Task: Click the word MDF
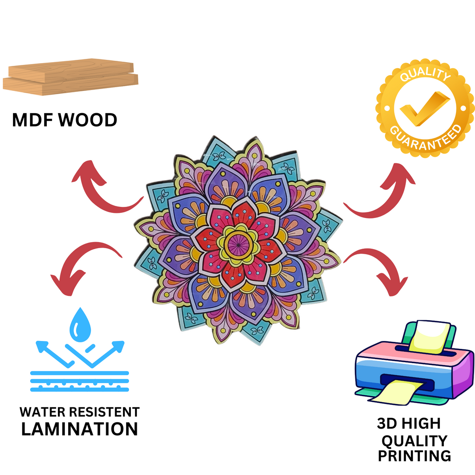click(x=32, y=120)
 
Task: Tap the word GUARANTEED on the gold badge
click(x=426, y=136)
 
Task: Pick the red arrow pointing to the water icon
click(x=83, y=264)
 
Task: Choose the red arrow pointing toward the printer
click(x=380, y=269)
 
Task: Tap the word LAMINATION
click(x=80, y=428)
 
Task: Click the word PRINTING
click(x=414, y=456)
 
